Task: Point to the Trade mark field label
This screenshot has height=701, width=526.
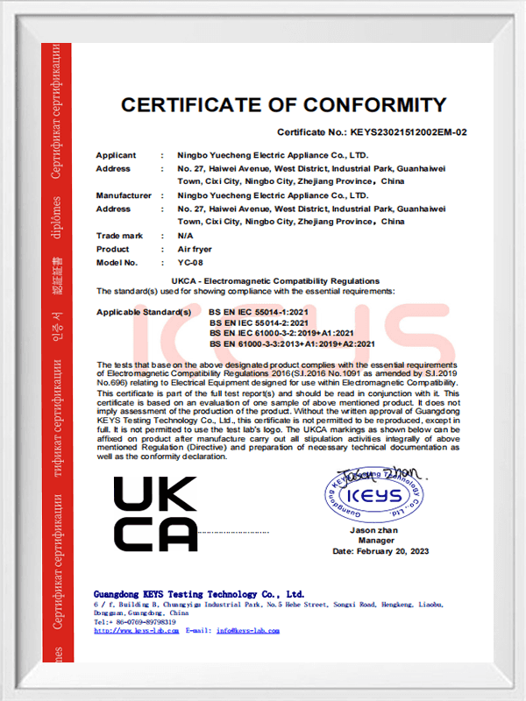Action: click(119, 236)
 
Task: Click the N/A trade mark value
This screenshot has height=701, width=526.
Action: click(185, 236)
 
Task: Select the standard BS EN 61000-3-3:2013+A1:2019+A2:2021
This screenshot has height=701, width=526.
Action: click(292, 343)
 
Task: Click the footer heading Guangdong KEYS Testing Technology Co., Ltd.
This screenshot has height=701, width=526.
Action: click(198, 594)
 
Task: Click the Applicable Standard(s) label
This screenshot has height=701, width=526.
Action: click(143, 311)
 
